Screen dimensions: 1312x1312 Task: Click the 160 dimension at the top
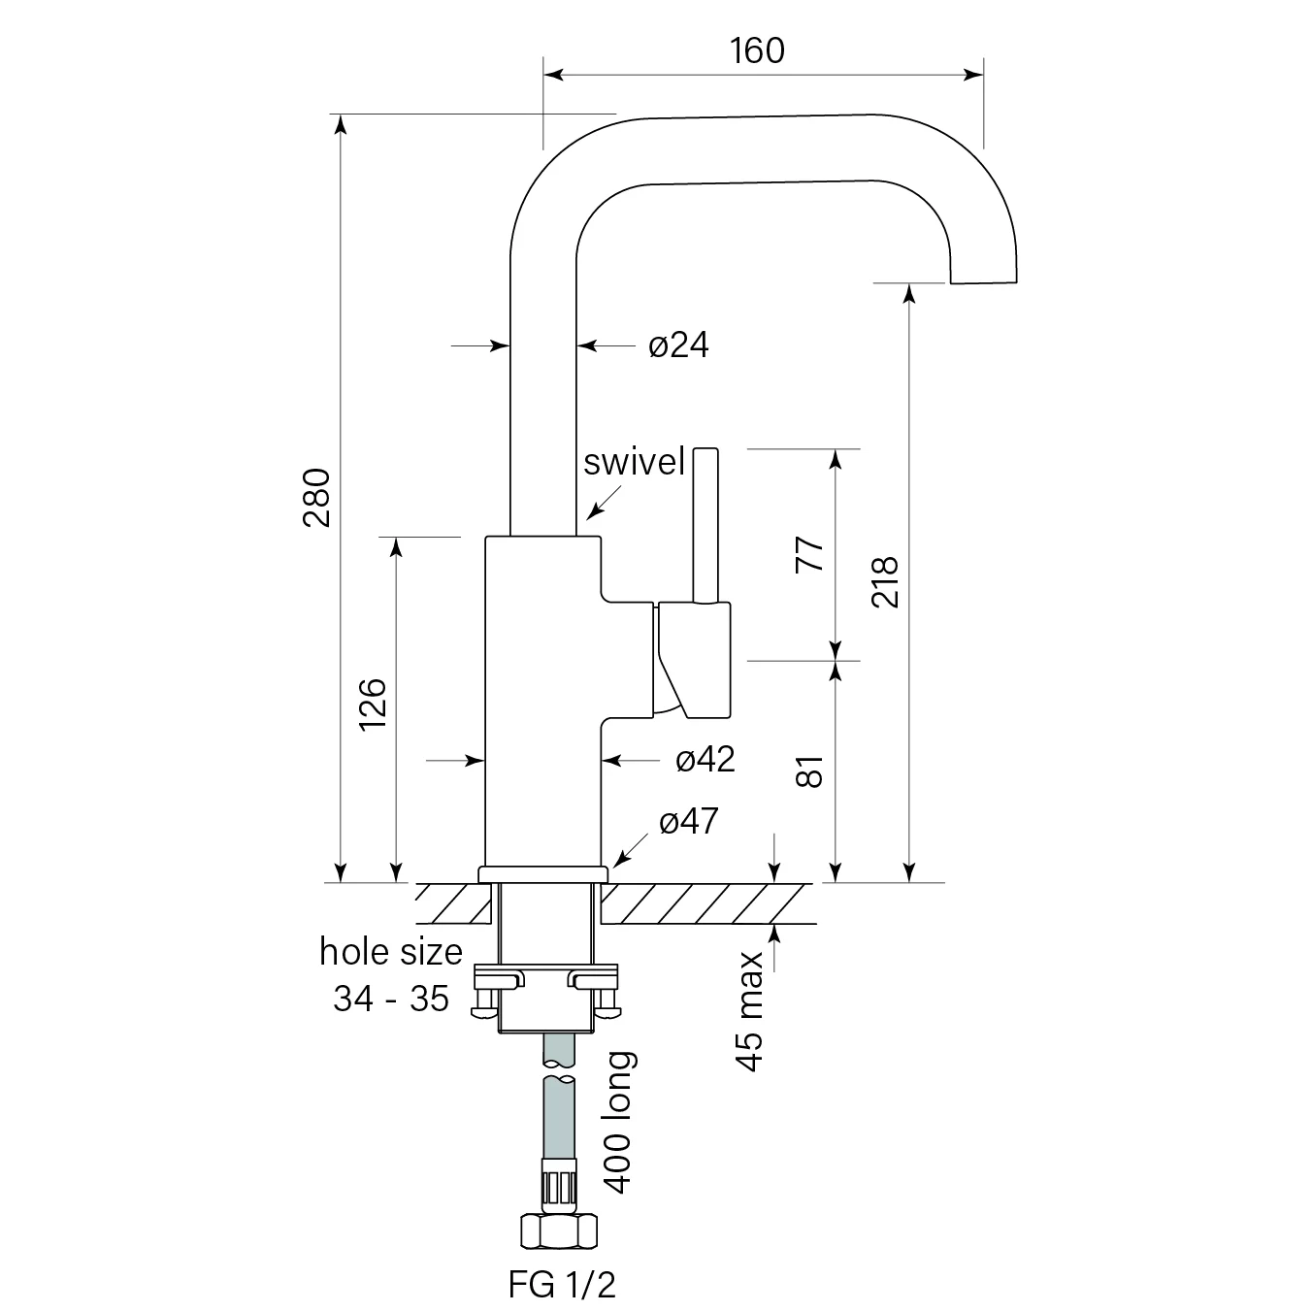point(757,50)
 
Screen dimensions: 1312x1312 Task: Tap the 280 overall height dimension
point(317,497)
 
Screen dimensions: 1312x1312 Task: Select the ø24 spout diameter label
point(678,344)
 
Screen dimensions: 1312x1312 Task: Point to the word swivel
point(634,462)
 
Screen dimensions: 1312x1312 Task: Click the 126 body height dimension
point(373,705)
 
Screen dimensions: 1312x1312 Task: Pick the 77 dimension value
point(809,554)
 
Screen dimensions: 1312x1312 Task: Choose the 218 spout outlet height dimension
point(884,582)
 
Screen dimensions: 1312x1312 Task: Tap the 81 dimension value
point(809,771)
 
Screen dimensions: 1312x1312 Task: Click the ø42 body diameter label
point(705,759)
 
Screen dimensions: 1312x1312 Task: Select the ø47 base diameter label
point(688,822)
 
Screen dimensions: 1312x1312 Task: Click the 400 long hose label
point(618,1122)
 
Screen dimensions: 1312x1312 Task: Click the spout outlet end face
point(984,278)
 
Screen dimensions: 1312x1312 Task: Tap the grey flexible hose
point(560,1116)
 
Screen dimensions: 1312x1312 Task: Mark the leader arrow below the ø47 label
point(627,853)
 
